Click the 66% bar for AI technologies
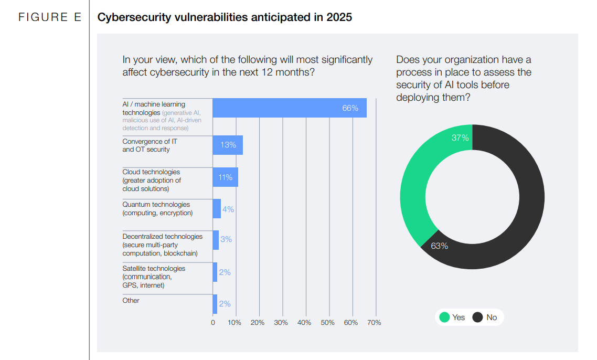[x=289, y=108]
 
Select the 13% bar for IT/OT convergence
[x=228, y=145]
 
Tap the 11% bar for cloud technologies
[x=225, y=177]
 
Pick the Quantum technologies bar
[x=217, y=209]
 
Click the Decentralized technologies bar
[x=216, y=240]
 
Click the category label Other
[x=131, y=300]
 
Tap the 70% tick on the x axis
[x=375, y=323]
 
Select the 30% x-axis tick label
[x=281, y=323]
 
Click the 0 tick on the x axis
[x=213, y=323]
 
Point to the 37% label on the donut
[x=460, y=138]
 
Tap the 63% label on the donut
[x=439, y=246]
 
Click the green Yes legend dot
[x=444, y=317]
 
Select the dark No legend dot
[x=477, y=317]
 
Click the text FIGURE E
[x=50, y=17]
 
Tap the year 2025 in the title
[x=339, y=17]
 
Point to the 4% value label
[x=228, y=209]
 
